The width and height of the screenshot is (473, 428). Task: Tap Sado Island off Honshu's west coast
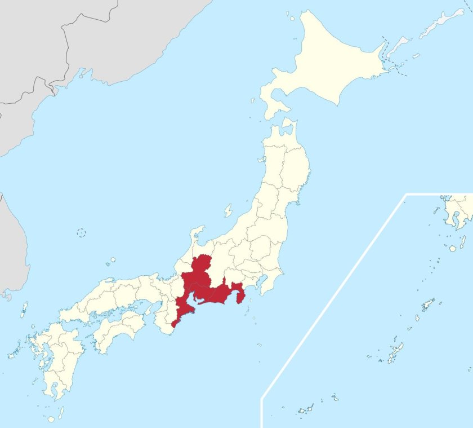coord(228,211)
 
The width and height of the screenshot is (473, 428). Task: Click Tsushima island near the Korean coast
coord(24,310)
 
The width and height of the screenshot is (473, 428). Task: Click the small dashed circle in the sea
coord(81,232)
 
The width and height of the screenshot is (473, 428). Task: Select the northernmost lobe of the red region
coord(201,265)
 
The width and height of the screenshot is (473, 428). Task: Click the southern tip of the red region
coord(173,325)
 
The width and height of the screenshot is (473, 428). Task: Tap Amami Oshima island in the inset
coord(428,305)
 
